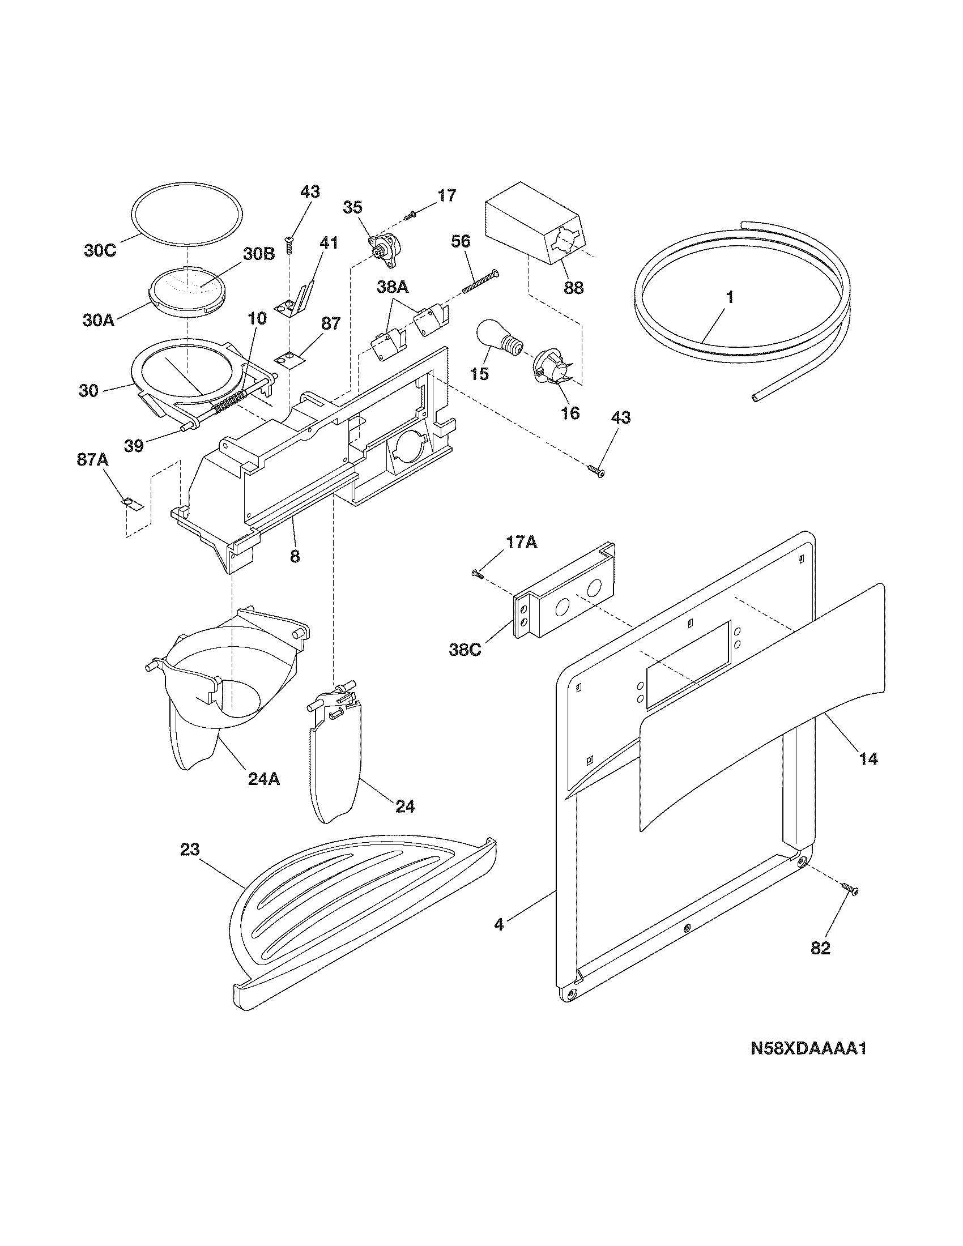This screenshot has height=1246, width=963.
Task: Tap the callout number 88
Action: [x=573, y=288]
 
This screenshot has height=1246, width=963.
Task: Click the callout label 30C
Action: [x=100, y=250]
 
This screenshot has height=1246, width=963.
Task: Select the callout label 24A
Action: [x=264, y=779]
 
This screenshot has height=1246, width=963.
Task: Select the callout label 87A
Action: [x=92, y=460]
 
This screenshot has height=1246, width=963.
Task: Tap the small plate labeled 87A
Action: [x=133, y=503]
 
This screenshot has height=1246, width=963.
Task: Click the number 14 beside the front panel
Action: [x=869, y=759]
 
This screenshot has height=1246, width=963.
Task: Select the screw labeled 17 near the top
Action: [x=411, y=216]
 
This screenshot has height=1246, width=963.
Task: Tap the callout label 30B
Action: [x=259, y=254]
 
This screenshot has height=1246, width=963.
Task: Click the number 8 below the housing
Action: [x=295, y=556]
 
